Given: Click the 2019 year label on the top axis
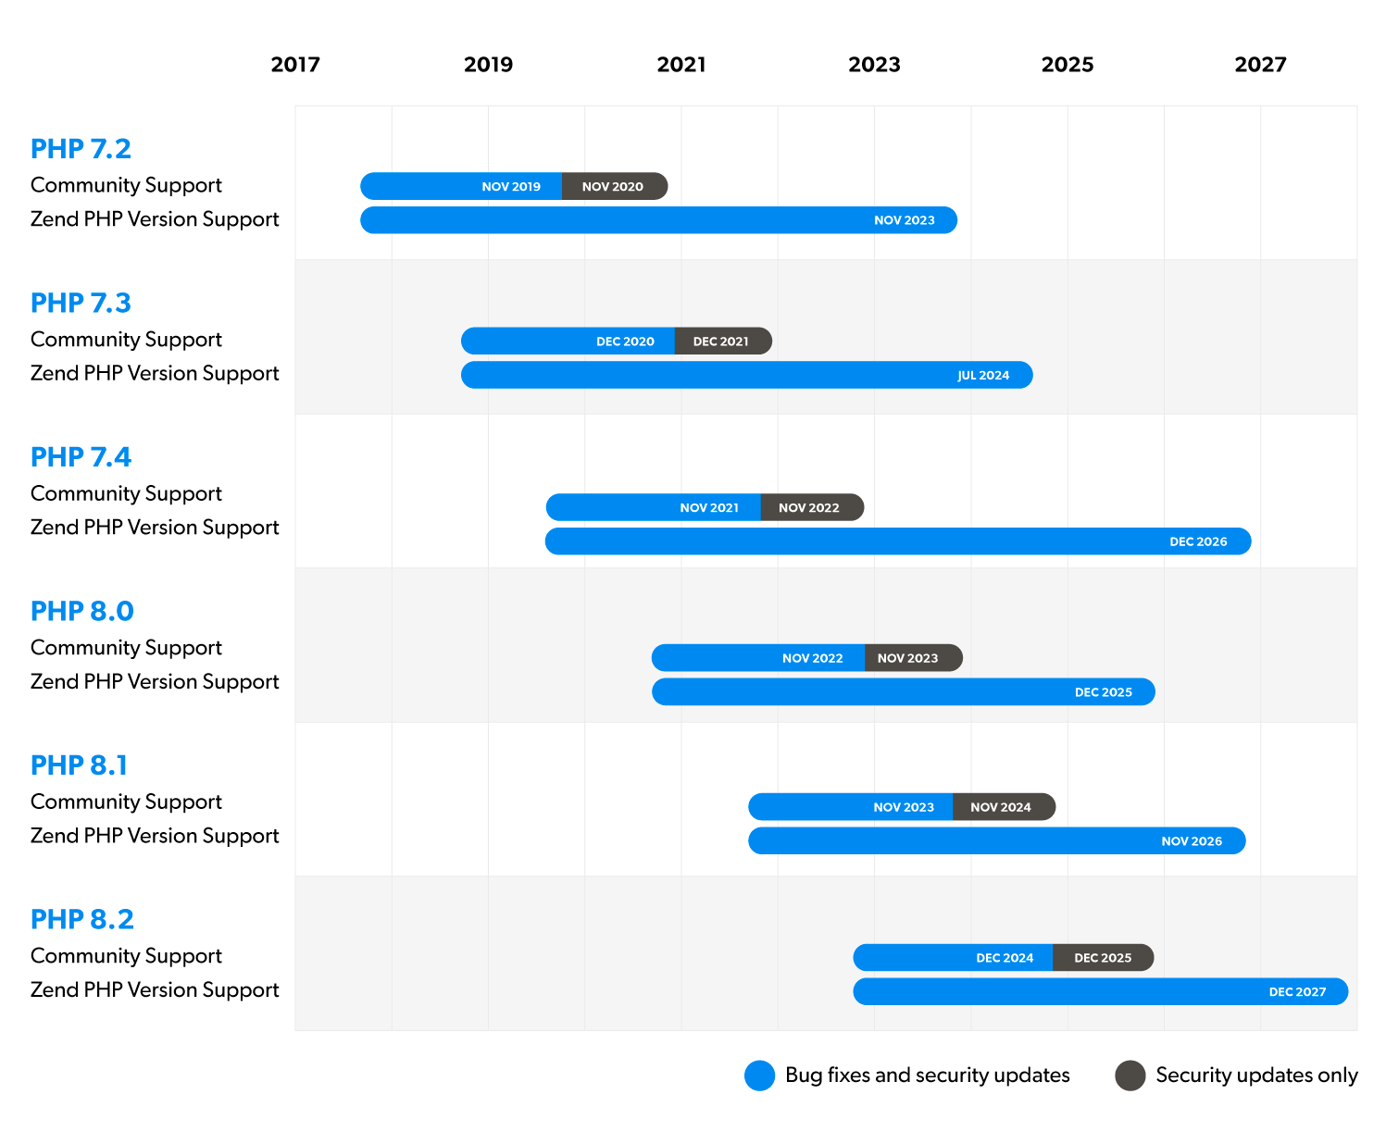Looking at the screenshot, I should [488, 65].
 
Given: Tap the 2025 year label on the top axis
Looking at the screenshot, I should [1067, 65].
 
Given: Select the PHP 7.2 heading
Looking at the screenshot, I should [81, 148].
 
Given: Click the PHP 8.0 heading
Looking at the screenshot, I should [81, 611].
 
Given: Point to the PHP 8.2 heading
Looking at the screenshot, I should [81, 919].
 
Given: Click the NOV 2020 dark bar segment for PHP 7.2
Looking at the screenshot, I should [613, 186].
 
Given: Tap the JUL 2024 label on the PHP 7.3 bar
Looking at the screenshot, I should [983, 375].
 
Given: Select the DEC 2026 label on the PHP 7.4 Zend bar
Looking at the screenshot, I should [1198, 541].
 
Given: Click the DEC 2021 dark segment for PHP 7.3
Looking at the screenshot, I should [721, 341].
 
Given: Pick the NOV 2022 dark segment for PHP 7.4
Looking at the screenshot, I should [809, 507].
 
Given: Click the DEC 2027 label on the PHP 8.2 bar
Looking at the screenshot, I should [1297, 991].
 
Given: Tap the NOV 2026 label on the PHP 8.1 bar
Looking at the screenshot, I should [1192, 840].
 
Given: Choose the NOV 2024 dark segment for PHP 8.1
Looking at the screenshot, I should [1001, 807].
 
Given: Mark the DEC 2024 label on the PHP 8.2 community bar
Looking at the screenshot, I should [1005, 958].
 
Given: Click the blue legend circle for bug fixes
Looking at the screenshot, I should [759, 1076].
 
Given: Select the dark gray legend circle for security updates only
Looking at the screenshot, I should [1130, 1076].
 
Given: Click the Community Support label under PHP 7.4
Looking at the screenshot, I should [126, 493].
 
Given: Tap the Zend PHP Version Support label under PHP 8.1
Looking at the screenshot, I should [155, 836].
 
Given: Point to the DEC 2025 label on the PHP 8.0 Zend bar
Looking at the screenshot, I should [1103, 692].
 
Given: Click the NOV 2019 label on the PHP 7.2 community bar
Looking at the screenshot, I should [511, 186].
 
